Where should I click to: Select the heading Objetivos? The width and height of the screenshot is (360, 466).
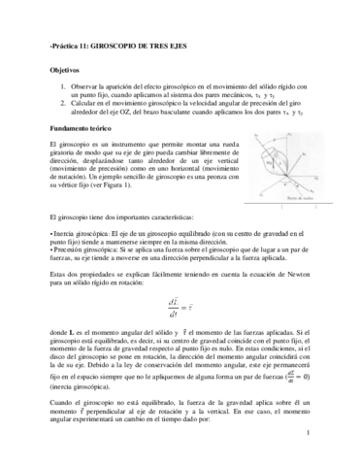point(64,69)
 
